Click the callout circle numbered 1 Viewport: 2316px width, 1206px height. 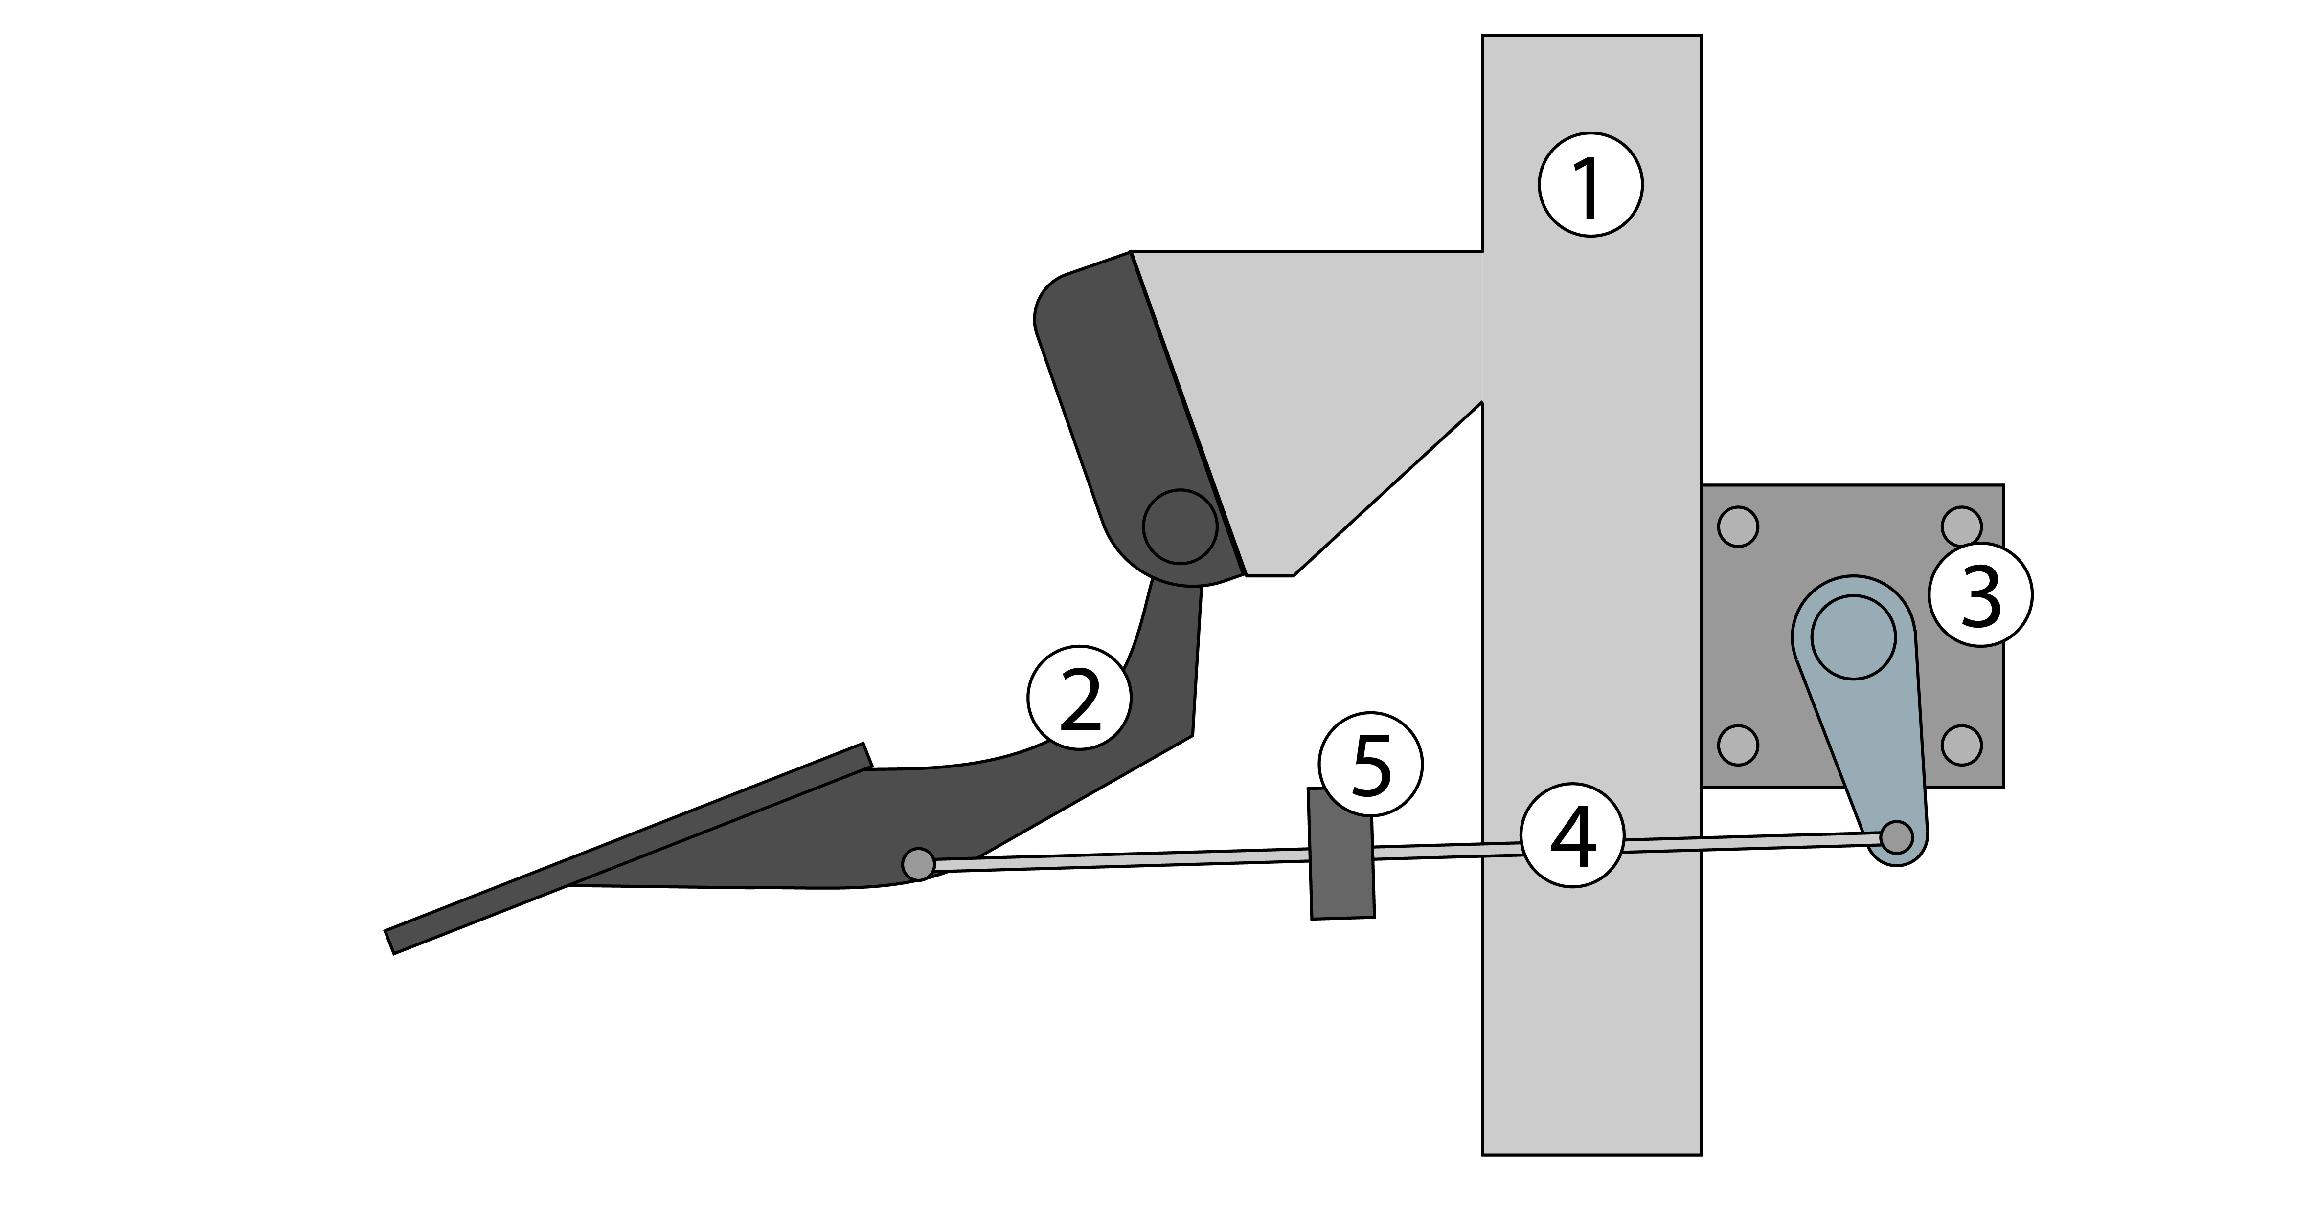click(1590, 185)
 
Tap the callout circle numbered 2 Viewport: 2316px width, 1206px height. click(1079, 698)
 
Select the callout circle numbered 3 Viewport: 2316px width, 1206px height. click(1981, 594)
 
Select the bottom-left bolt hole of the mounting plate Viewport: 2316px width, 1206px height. click(1738, 745)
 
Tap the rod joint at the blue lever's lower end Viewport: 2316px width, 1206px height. click(1897, 836)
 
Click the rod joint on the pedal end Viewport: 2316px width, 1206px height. click(918, 864)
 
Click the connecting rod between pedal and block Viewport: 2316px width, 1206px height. click(1115, 860)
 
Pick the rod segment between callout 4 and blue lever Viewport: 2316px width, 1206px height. click(1753, 841)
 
